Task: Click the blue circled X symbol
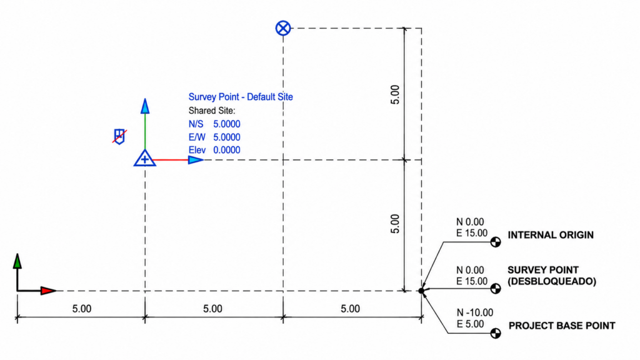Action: pos(283,28)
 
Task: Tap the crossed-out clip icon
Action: pos(119,136)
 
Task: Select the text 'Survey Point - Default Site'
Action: pos(241,97)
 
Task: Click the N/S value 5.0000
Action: pos(226,124)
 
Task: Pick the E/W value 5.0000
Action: pos(226,137)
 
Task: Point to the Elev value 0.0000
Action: pos(226,150)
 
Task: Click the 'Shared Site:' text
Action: pos(211,111)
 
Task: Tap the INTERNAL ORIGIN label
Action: pos(551,235)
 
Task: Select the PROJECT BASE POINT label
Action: pos(562,326)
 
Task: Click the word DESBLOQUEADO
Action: pos(552,282)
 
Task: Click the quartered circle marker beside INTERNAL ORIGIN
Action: pos(496,242)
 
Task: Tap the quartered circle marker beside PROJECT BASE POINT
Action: pos(496,334)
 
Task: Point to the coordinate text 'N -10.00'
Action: pos(475,312)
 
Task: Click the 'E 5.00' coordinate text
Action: pos(470,324)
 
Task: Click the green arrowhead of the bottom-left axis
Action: pos(17,261)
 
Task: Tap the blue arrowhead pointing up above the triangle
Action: pos(145,106)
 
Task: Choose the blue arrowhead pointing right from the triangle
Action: pos(196,160)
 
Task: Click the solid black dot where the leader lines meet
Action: pos(422,291)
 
